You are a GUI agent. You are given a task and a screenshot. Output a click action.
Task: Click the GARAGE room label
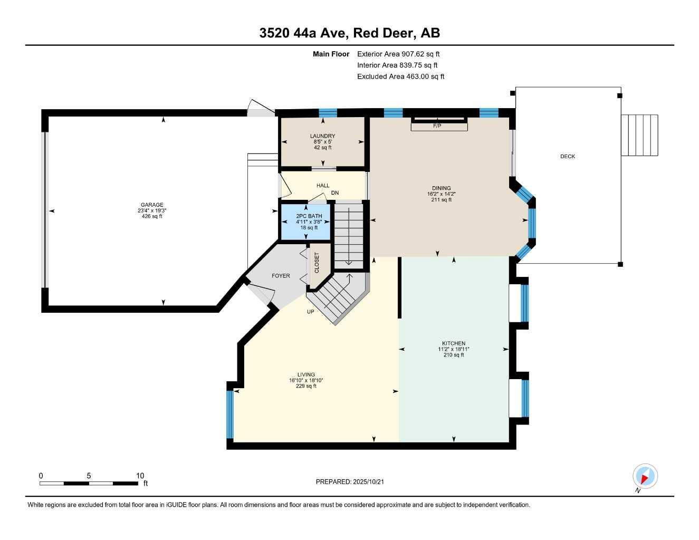coord(152,205)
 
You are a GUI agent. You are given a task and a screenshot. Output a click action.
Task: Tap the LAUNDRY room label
coord(322,136)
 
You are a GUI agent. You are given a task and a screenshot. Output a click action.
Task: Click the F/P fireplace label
coord(437,126)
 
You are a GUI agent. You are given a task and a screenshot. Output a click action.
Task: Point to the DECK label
coord(568,157)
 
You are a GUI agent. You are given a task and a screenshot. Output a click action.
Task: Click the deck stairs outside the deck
coord(639,135)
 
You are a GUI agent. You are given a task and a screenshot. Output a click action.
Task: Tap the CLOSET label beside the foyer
coord(317,263)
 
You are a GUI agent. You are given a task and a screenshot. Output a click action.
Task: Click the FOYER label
coord(281,276)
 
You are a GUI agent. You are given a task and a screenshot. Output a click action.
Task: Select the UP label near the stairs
coord(311,312)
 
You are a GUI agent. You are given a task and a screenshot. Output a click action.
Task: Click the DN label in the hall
coord(334,193)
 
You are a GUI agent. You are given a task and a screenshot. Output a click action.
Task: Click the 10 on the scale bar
coord(140,476)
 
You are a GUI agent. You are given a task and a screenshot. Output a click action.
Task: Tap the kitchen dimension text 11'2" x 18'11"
coord(454,349)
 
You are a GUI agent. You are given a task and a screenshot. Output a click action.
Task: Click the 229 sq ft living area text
coord(306,386)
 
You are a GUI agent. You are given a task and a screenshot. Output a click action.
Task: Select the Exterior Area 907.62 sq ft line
coord(398,54)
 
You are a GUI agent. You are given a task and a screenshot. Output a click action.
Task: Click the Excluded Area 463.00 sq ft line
coord(400,76)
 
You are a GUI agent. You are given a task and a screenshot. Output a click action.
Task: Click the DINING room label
coord(441,188)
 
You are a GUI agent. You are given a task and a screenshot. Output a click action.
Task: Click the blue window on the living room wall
coord(229,414)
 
